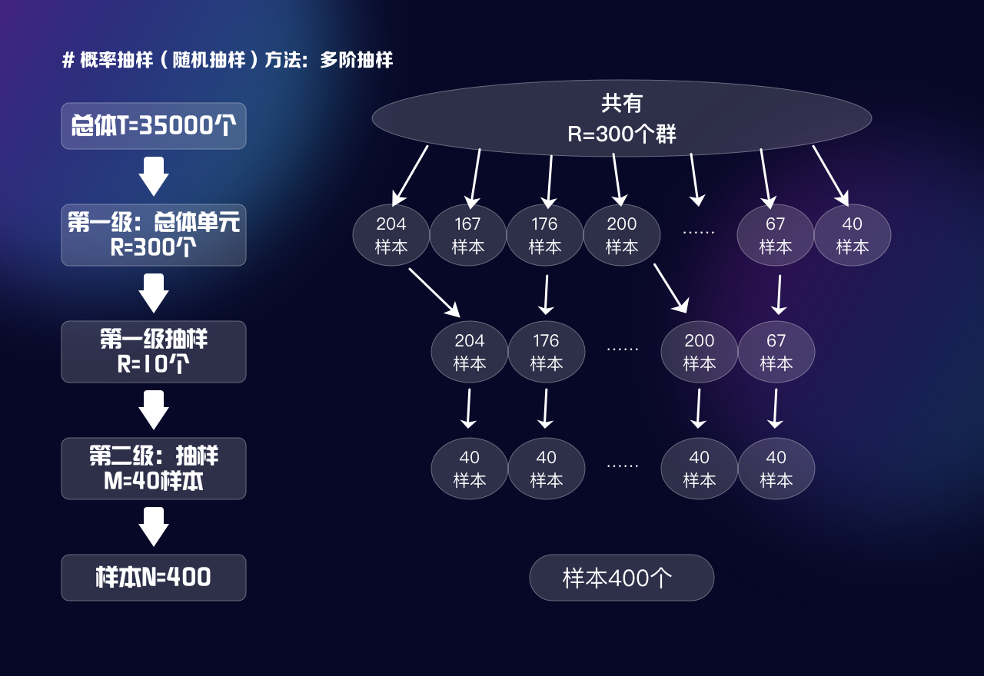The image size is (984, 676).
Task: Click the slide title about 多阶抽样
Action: coord(228,61)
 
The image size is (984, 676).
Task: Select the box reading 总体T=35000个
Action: coord(154,126)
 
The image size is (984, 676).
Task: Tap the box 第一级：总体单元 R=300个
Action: coord(154,235)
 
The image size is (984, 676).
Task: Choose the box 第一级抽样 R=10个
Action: coord(154,352)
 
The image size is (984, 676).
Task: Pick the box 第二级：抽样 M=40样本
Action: coord(154,469)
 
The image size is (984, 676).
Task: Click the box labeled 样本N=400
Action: coord(154,578)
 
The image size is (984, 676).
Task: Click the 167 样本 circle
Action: coord(467,235)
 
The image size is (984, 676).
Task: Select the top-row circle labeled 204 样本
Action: coord(391,235)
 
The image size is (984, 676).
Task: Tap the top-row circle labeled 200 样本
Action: coord(621,235)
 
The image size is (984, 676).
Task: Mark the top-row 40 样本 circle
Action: coord(852,235)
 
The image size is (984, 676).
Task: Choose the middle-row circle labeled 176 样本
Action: coord(546,352)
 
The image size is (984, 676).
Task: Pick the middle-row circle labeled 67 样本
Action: coord(776,352)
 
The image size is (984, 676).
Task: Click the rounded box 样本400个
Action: coord(621,578)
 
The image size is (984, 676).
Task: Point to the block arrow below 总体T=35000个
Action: coord(154,176)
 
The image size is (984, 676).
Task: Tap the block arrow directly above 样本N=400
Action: coord(154,526)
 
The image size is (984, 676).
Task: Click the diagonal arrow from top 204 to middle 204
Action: coord(434,293)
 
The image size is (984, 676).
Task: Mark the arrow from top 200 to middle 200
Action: coord(670,289)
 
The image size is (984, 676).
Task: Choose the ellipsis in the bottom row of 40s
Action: coord(622,465)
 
